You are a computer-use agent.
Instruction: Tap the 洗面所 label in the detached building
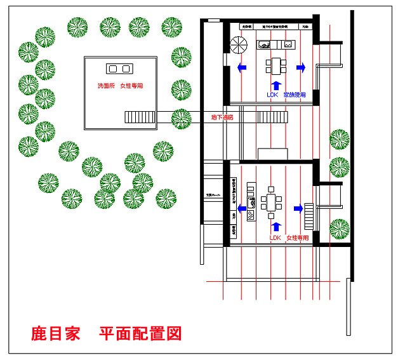[x=105, y=86]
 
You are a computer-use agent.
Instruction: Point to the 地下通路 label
[x=222, y=117]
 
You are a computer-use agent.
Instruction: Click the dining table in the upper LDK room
[x=276, y=65]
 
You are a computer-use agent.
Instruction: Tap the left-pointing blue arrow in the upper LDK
[x=241, y=67]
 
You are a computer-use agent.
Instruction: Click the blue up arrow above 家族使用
[x=275, y=84]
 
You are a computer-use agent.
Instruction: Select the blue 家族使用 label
[x=295, y=95]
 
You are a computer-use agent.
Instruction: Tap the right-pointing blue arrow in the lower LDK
[x=297, y=208]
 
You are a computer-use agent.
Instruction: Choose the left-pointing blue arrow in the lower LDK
[x=241, y=208]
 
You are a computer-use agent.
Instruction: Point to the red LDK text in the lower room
[x=275, y=237]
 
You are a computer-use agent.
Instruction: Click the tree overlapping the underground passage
[x=181, y=117]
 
